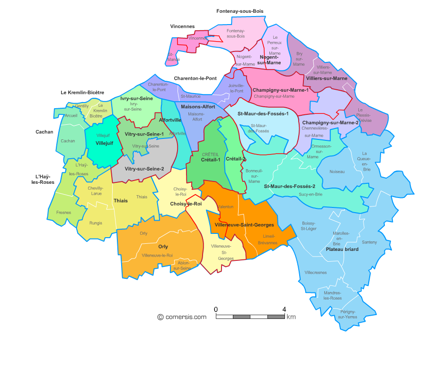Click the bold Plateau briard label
[342, 249]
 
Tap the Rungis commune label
[96, 223]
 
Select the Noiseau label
[337, 172]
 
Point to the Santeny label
[369, 242]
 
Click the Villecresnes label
[316, 273]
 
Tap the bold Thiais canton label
[121, 201]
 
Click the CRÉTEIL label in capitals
[210, 155]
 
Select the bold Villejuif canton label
[104, 143]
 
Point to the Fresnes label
[63, 213]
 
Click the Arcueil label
[71, 115]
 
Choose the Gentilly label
[82, 106]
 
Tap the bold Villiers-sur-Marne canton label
[327, 78]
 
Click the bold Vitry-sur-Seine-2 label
[144, 169]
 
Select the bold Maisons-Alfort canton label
[198, 107]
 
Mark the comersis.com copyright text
[182, 317]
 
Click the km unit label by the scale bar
[291, 317]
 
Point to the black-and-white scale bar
[250, 317]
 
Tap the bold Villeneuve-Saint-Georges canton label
[244, 225]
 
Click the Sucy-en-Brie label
[311, 194]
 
